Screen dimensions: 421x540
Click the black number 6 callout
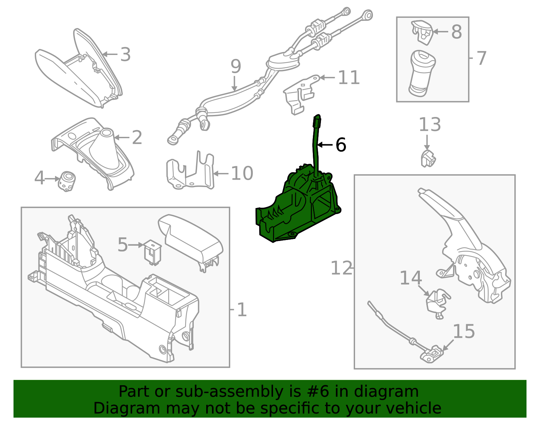(x=341, y=145)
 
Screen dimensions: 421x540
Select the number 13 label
(x=430, y=125)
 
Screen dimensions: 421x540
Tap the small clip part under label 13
(x=428, y=159)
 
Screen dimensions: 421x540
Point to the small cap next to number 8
(x=422, y=32)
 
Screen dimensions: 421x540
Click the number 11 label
(x=349, y=78)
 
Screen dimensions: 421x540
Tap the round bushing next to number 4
(x=67, y=181)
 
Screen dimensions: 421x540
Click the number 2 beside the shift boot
(x=137, y=138)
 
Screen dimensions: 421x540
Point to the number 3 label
(x=125, y=55)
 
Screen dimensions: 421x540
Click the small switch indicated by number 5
(x=153, y=252)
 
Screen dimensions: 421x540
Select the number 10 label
(x=242, y=173)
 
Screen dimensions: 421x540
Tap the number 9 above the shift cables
(x=236, y=66)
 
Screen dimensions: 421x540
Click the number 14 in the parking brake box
(x=411, y=278)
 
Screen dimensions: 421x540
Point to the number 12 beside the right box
(x=341, y=268)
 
